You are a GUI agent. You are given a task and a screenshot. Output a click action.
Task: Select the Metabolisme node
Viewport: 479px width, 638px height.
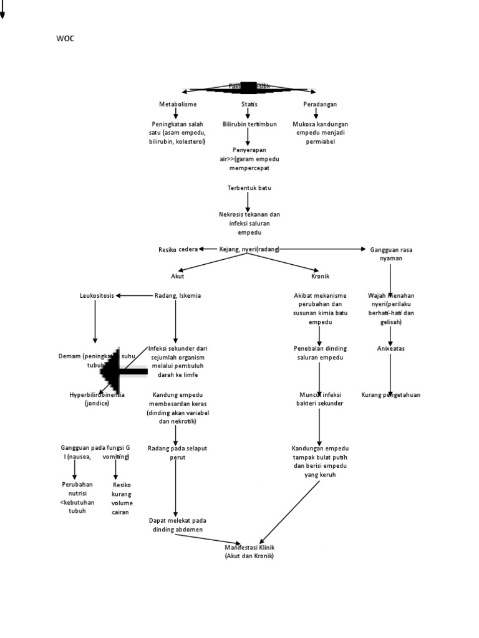(x=178, y=104)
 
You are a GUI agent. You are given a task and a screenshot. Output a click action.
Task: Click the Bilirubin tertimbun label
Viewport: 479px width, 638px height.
(x=249, y=124)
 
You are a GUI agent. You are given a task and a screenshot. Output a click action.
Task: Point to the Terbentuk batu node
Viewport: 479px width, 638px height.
(x=249, y=188)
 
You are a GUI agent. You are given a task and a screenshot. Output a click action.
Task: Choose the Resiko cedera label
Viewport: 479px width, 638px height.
(x=178, y=249)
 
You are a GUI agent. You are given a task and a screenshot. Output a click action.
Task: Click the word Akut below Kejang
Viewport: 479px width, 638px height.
(x=177, y=275)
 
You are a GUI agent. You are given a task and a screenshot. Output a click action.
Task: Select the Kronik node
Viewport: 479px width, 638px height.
(x=320, y=275)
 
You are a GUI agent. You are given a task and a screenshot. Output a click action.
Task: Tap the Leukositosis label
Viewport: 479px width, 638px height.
(x=97, y=295)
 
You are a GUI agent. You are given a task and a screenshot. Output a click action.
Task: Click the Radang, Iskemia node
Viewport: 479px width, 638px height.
(x=178, y=295)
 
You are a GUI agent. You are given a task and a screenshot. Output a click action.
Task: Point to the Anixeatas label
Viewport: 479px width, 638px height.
(x=390, y=348)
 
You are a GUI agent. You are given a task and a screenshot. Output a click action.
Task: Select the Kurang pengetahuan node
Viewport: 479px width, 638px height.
(x=390, y=395)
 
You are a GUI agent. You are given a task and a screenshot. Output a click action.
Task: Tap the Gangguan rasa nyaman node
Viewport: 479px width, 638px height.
(x=391, y=254)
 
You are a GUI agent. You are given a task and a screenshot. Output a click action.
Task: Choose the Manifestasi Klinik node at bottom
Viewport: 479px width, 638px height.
(x=249, y=551)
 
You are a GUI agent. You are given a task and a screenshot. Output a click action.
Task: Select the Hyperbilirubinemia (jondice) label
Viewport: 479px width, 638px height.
(x=97, y=399)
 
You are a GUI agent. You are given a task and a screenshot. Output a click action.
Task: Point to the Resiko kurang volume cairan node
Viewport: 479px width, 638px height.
(x=122, y=498)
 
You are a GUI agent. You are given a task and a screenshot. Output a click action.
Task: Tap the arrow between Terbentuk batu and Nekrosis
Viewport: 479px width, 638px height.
(x=248, y=201)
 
